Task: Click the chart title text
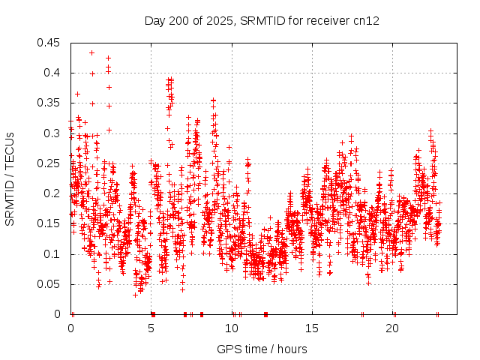[262, 20]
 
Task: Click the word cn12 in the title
[367, 20]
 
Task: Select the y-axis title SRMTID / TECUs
[10, 179]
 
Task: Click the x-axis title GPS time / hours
[262, 349]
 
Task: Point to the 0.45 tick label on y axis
[50, 43]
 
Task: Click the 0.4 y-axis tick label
[53, 73]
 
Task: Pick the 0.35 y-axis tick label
[50, 103]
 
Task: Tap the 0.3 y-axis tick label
[53, 133]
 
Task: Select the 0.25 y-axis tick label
[50, 163]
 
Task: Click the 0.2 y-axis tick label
[53, 193]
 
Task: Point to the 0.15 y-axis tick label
[50, 223]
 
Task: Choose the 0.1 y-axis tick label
[53, 254]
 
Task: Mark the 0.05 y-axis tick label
[50, 284]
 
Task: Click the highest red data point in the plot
[91, 52]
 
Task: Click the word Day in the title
[154, 20]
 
